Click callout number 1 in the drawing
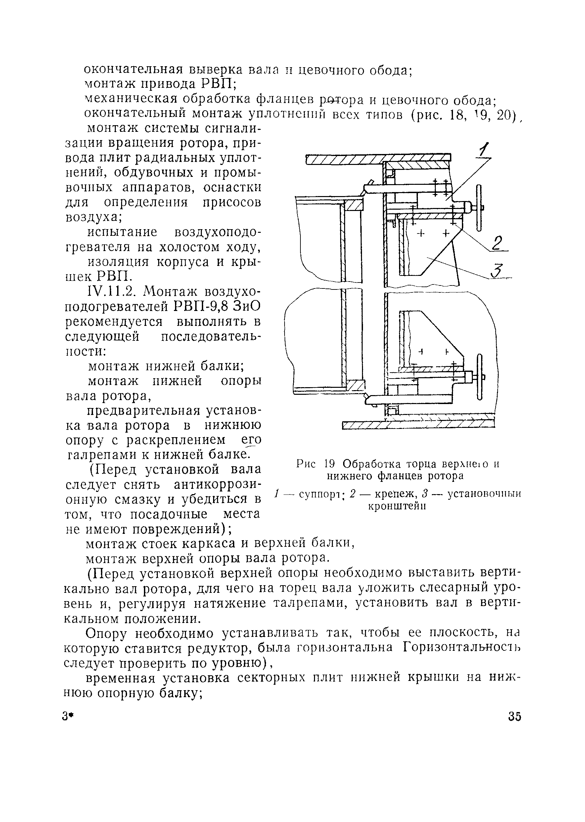click(485, 150)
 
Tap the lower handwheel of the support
click(479, 377)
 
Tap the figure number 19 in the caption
click(330, 463)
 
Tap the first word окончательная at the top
click(133, 69)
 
